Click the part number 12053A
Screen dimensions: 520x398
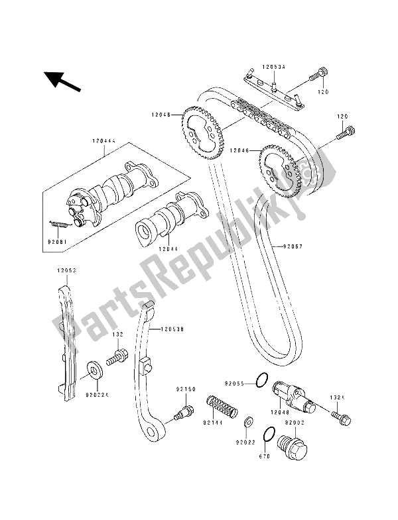273,67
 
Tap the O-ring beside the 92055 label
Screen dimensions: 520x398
262,381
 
